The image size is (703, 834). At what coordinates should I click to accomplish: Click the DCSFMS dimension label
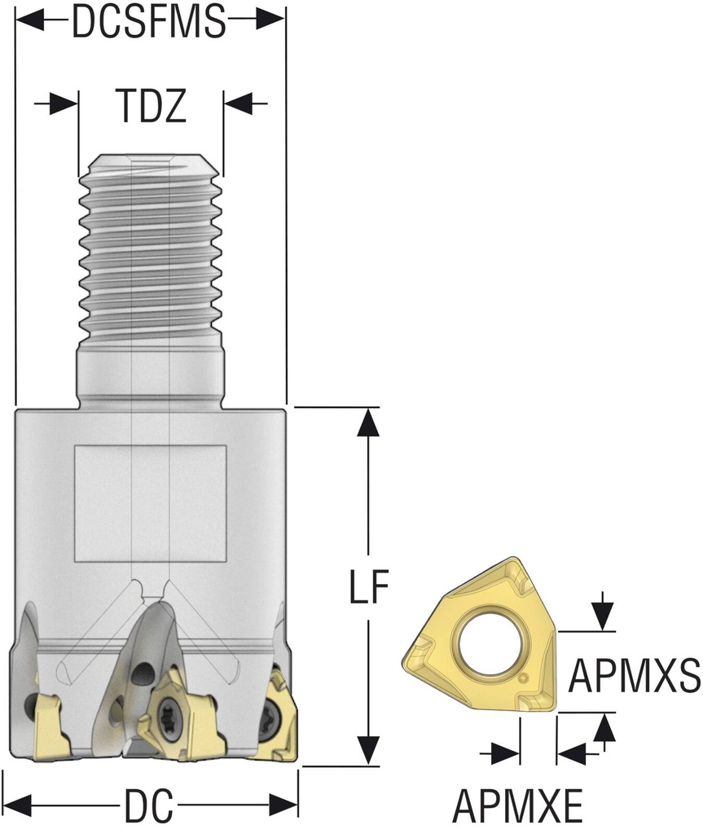pyautogui.click(x=148, y=22)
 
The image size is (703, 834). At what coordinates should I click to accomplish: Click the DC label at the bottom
pyautogui.click(x=149, y=807)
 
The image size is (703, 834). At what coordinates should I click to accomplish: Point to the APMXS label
pyautogui.click(x=635, y=675)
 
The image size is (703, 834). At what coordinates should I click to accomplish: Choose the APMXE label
pyautogui.click(x=517, y=807)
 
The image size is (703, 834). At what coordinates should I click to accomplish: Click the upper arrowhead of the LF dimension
pyautogui.click(x=369, y=424)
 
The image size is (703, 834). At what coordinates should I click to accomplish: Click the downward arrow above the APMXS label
pyautogui.click(x=602, y=613)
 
